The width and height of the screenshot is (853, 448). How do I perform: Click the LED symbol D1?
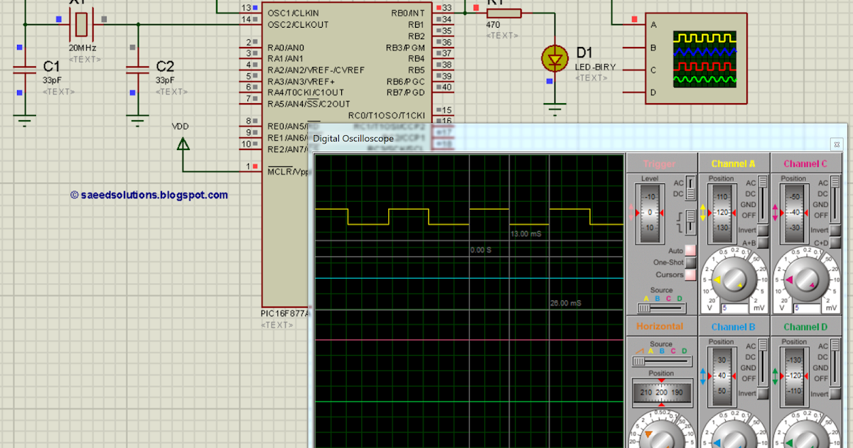(554, 58)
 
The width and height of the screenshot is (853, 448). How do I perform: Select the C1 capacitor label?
(51, 66)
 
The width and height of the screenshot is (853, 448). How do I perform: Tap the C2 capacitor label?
(165, 66)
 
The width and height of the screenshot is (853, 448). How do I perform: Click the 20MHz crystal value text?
(82, 48)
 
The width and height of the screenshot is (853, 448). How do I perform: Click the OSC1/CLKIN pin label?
(294, 13)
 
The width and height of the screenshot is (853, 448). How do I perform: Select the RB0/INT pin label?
(408, 13)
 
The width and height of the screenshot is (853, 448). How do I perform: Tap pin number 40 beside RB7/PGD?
(446, 87)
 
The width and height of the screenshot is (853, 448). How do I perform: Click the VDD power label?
(181, 126)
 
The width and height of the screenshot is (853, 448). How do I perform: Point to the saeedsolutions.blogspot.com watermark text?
(151, 195)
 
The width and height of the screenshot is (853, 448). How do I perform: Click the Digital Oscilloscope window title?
(353, 139)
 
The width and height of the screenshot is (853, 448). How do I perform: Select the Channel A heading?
(734, 164)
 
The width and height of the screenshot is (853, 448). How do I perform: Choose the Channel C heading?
(805, 164)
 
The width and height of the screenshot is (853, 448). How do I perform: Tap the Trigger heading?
(660, 164)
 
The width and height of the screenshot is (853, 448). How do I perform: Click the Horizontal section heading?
(660, 326)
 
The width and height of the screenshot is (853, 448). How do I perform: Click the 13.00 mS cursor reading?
(526, 234)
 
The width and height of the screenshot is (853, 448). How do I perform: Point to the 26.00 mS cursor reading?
(566, 303)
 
